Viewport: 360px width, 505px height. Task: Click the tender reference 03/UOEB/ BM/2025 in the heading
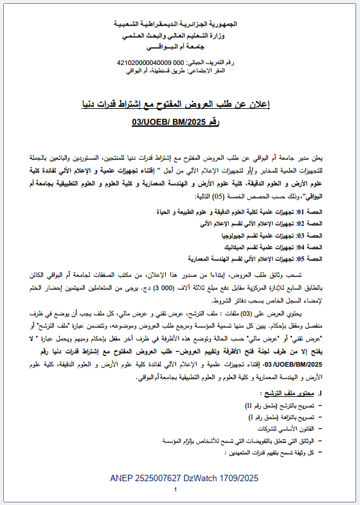[x=168, y=119]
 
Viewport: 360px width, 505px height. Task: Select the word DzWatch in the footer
[x=202, y=479]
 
